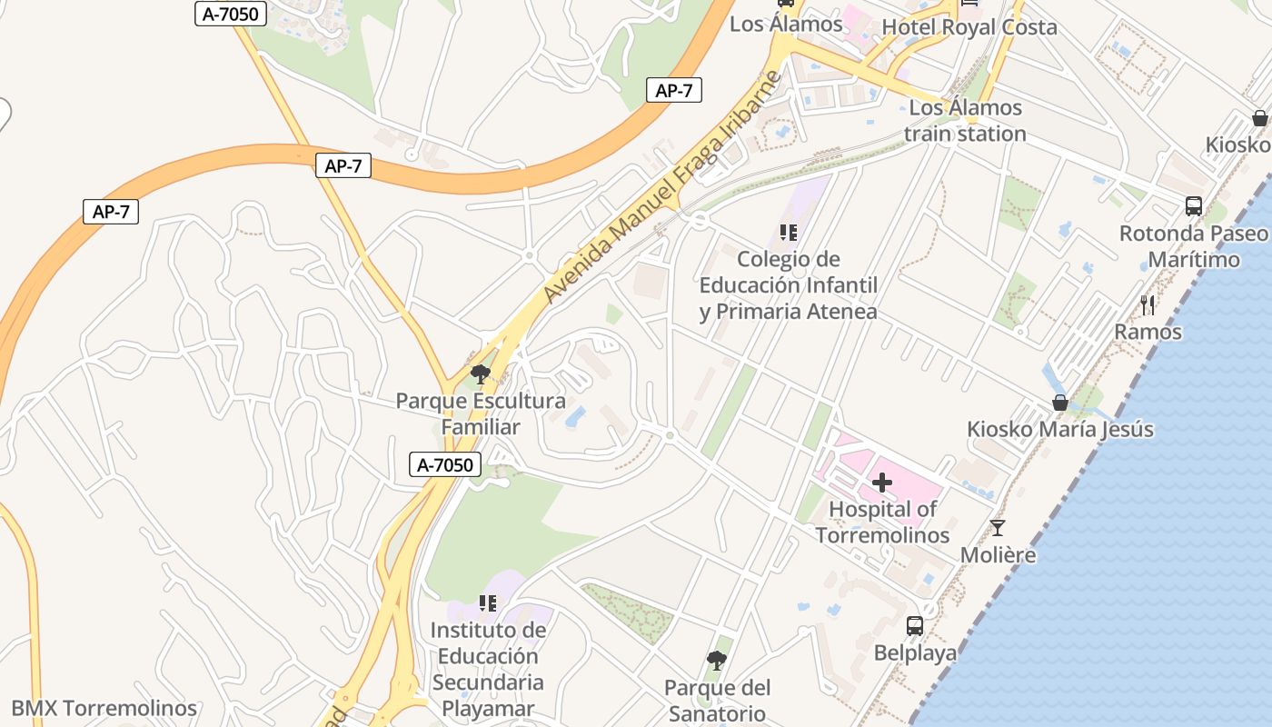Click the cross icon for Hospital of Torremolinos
tap(881, 483)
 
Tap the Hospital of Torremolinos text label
tap(882, 523)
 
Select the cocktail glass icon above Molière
tap(998, 528)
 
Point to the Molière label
tap(998, 554)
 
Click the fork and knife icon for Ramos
tap(1148, 305)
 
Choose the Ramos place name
tap(1148, 332)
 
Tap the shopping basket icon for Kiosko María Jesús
tap(1059, 403)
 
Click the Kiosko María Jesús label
tap(1059, 429)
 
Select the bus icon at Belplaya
tap(915, 626)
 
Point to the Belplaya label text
tap(915, 653)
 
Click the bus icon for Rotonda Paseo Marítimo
tap(1194, 206)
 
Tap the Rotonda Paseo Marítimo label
tap(1194, 246)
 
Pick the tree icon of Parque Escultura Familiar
tap(480, 373)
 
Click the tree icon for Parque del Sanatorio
tap(717, 661)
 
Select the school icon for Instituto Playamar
tap(488, 603)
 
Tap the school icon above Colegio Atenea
tap(789, 233)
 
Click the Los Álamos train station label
tap(952, 121)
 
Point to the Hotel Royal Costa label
tap(969, 27)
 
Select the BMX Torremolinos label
tap(104, 708)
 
